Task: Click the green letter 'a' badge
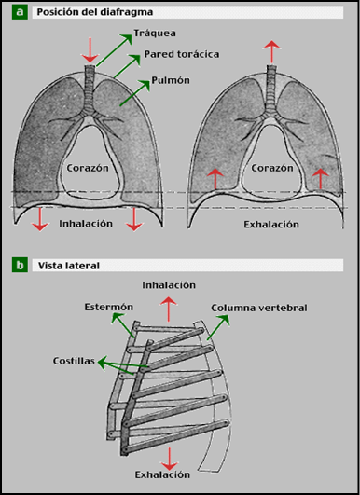(x=20, y=13)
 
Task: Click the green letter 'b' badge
(x=20, y=266)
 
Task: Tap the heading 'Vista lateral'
(x=69, y=266)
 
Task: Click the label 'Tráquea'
(x=154, y=33)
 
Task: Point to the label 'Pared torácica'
(x=183, y=55)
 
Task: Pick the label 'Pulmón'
(x=172, y=81)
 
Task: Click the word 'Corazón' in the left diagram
(x=90, y=169)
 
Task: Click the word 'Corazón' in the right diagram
(x=272, y=169)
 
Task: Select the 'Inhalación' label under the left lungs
(x=86, y=224)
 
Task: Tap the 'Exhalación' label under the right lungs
(x=270, y=225)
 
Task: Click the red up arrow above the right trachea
(x=271, y=51)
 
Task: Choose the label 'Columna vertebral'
(x=258, y=307)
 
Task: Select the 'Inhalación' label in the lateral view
(x=169, y=283)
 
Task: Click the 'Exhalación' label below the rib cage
(x=169, y=475)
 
